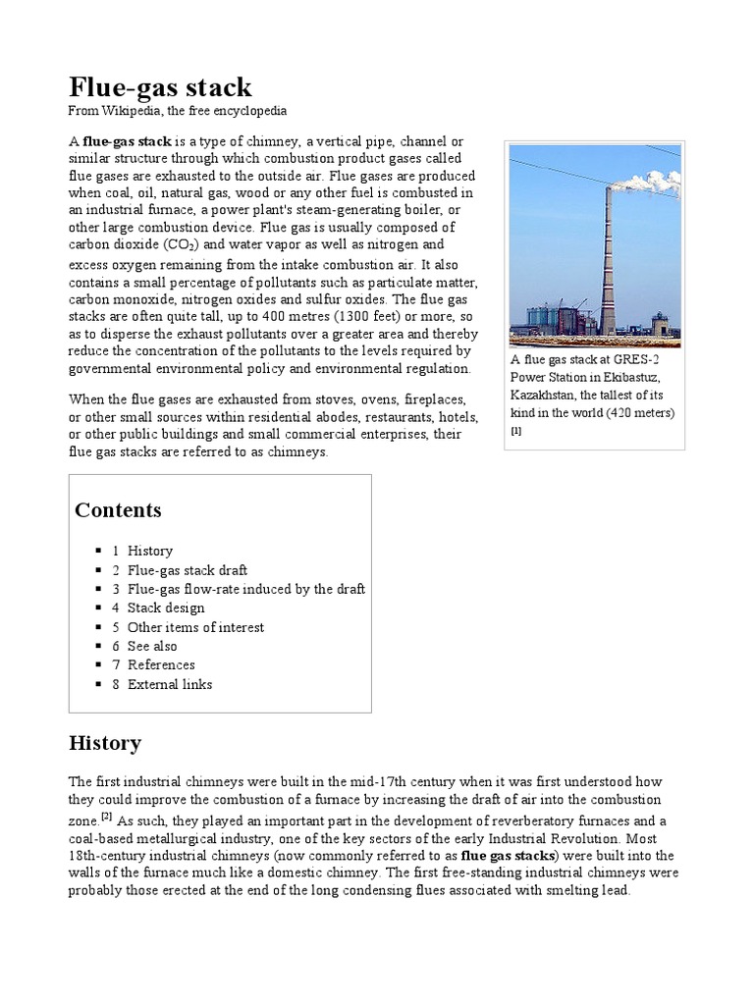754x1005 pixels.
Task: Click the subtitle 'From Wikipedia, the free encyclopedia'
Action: click(177, 110)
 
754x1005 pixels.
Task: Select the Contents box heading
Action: click(118, 510)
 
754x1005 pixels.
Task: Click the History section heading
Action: click(105, 743)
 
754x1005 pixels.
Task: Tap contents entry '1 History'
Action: click(149, 552)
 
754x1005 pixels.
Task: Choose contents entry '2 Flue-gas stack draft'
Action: click(187, 570)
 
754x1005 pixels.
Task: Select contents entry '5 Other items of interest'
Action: click(194, 627)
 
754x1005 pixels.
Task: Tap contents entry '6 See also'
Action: click(152, 646)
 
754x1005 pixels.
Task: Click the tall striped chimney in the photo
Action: click(609, 265)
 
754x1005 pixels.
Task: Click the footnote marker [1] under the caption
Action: click(516, 430)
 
